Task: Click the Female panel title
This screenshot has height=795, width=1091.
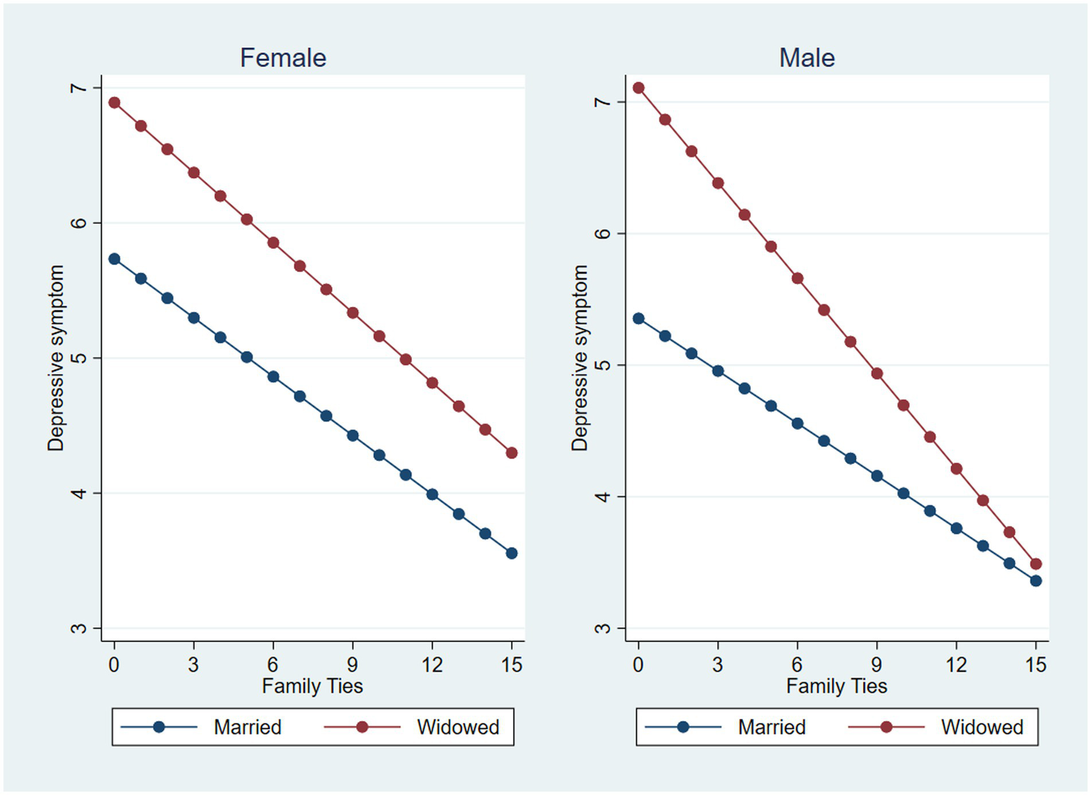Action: pos(283,58)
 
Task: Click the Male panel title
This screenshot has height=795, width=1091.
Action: pos(807,58)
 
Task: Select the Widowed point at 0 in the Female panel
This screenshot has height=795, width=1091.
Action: pos(114,102)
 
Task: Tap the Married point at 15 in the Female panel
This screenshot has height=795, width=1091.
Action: pos(512,553)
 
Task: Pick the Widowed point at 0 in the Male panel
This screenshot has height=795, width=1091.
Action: pos(638,88)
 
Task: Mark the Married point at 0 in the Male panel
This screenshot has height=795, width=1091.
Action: pos(638,318)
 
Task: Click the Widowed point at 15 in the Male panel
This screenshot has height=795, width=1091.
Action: pos(1036,564)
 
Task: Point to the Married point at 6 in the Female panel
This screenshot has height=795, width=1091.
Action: pos(273,377)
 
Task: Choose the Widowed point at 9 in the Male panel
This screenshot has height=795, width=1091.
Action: pos(877,374)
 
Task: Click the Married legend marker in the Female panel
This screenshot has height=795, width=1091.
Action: pos(159,727)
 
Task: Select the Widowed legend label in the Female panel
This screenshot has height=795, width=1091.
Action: pos(458,727)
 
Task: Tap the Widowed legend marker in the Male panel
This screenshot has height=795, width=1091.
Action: pos(886,727)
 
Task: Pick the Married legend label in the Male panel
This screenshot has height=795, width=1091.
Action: pos(771,727)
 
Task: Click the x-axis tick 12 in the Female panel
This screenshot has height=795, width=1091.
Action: pos(432,665)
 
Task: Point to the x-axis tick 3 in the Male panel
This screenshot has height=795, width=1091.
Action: pos(718,665)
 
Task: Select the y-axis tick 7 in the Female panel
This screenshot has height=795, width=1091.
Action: pos(78,88)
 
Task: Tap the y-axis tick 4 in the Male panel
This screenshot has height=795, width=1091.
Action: pos(603,497)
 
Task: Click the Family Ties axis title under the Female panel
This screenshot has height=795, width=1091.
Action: pos(312,686)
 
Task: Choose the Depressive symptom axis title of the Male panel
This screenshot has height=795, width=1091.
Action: pos(580,358)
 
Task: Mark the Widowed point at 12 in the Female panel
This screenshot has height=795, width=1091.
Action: pos(432,383)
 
